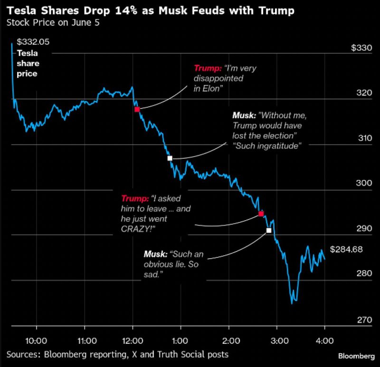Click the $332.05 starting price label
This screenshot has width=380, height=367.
pos(33,43)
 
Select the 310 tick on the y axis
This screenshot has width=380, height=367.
pos(363,138)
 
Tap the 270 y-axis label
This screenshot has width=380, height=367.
pos(363,320)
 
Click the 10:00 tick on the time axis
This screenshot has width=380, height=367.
pos(36,340)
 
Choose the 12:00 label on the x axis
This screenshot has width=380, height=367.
pos(132,340)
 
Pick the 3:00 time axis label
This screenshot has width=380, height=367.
pos(276,340)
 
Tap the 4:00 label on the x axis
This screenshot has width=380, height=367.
pos(324,340)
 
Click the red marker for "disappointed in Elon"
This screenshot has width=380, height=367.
pos(137,109)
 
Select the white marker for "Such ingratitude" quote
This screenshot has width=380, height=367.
pos(170,158)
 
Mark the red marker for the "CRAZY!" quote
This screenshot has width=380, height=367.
pos(261,214)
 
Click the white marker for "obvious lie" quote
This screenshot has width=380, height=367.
pos(269,230)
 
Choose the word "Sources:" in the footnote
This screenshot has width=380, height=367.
pos(23,354)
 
